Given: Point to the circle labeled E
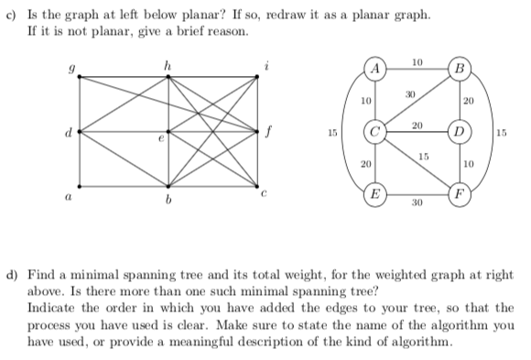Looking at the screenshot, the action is (x=374, y=194).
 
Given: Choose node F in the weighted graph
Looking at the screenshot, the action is (x=459, y=194).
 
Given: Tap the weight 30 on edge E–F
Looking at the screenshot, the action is (x=417, y=207).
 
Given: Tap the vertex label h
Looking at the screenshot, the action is (x=168, y=61).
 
